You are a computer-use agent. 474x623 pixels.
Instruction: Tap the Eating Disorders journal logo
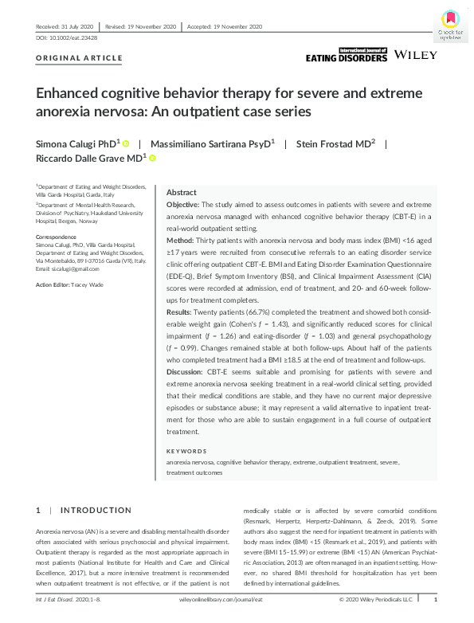tap(347, 55)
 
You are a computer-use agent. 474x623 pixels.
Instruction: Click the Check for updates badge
tap(449, 24)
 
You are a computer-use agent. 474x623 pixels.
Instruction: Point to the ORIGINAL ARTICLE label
tap(80, 58)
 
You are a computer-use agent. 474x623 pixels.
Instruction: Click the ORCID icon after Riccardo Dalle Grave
tap(152, 159)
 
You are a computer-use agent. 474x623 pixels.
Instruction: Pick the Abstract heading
tap(182, 193)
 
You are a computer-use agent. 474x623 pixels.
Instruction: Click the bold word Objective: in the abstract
tap(184, 206)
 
